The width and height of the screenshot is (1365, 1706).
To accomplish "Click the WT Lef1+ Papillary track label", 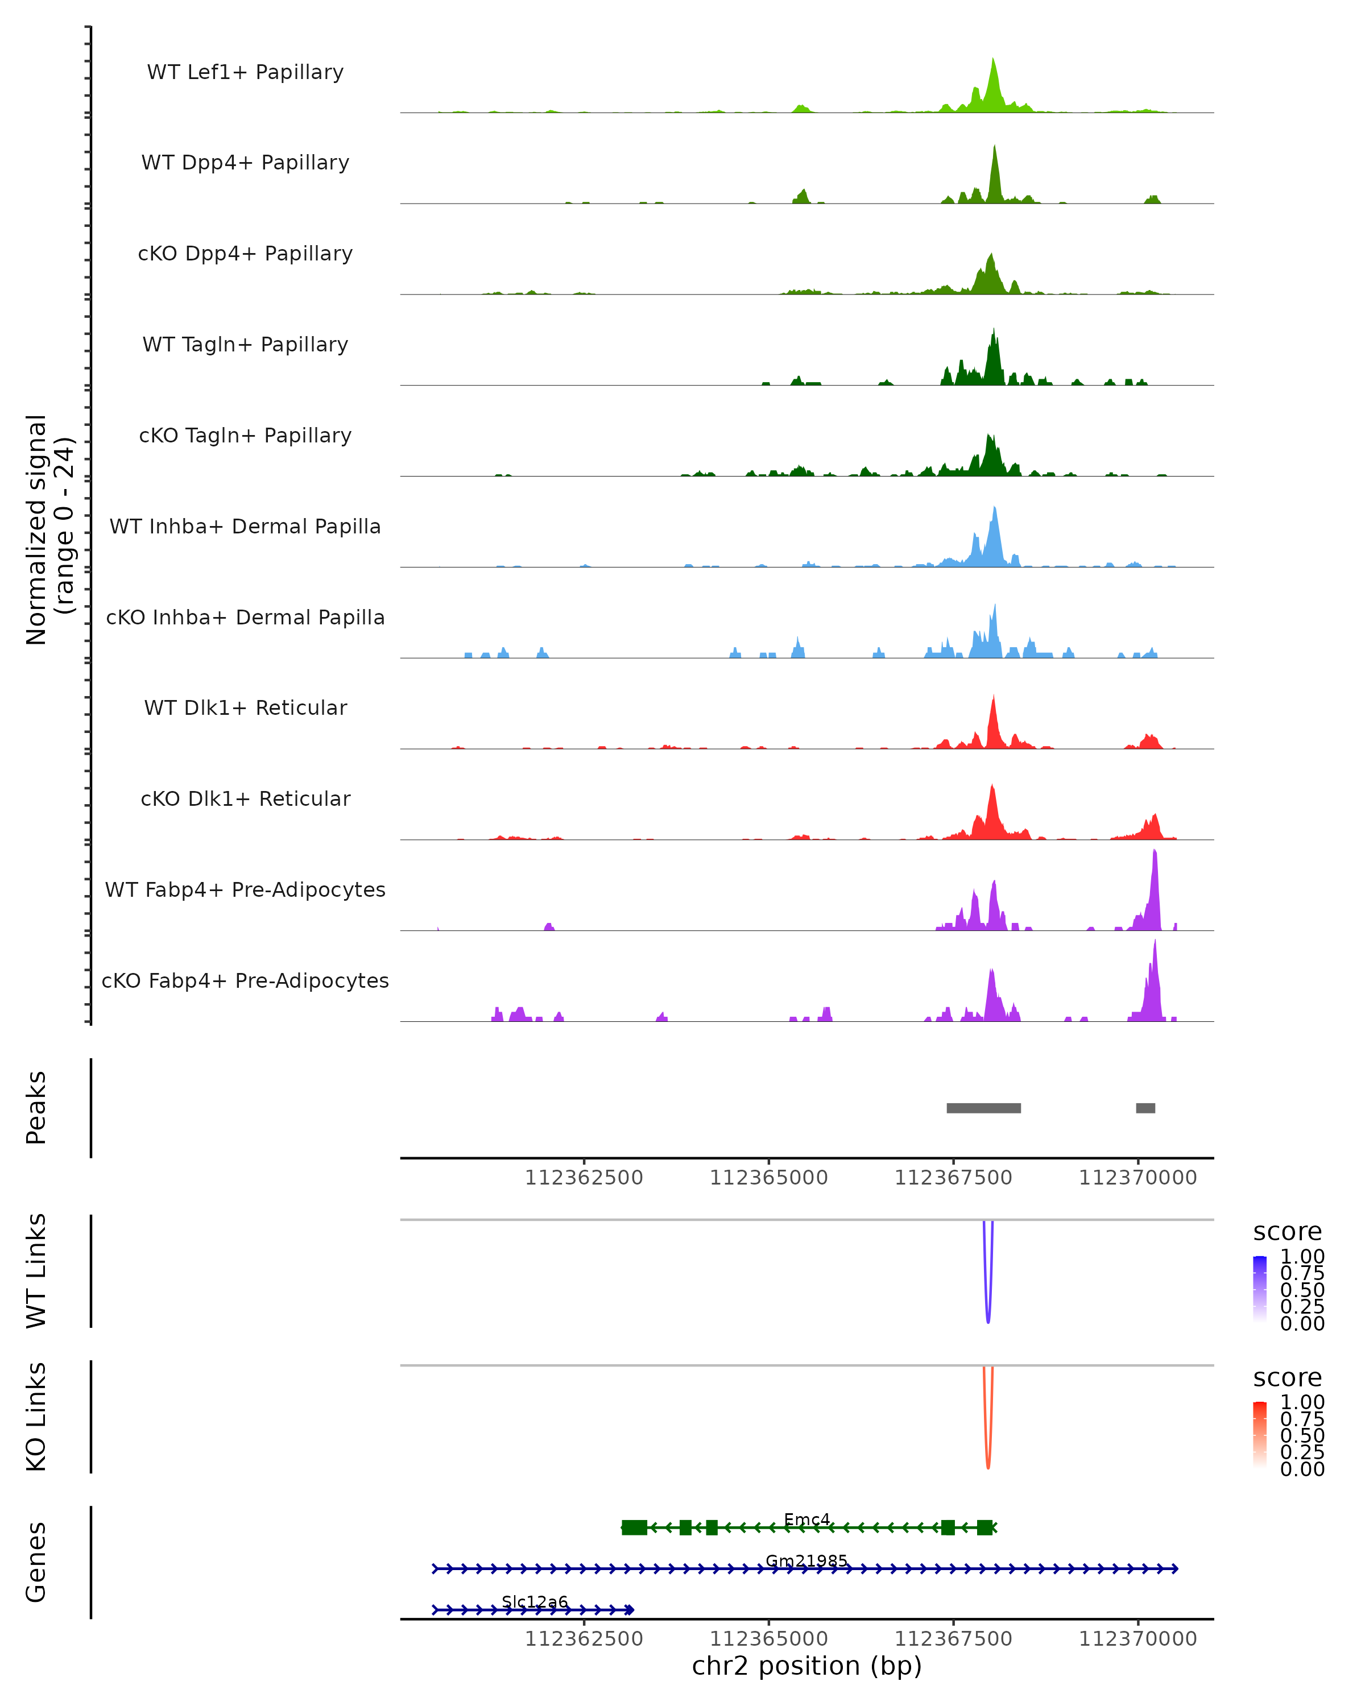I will click(245, 72).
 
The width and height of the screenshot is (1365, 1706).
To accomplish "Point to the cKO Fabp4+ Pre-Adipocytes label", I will click(245, 980).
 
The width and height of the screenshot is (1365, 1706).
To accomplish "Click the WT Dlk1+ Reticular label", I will click(245, 707).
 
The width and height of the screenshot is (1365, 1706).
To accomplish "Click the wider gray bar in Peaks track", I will click(983, 1108).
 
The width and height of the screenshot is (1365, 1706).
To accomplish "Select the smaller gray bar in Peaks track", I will click(1145, 1108).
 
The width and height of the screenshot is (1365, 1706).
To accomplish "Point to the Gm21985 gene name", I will click(806, 1560).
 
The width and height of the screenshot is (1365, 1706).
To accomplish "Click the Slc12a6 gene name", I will click(535, 1601).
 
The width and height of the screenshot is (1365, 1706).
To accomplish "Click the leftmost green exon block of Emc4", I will click(634, 1527).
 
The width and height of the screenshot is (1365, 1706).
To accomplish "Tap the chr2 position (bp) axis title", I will click(806, 1666).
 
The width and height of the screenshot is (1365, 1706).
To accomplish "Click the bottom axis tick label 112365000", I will click(768, 1639).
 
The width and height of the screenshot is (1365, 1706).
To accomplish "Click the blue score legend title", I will click(1287, 1231).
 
